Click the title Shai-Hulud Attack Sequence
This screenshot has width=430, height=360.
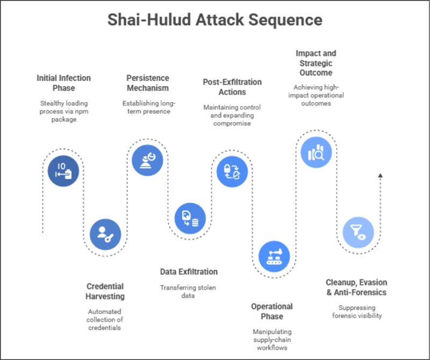(x=215, y=20)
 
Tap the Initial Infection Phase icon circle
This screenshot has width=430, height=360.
(x=63, y=171)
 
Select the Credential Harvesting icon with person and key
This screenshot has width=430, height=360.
(x=105, y=235)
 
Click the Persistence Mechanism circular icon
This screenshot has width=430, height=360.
(x=148, y=159)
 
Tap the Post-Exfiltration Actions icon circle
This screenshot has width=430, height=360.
(x=232, y=171)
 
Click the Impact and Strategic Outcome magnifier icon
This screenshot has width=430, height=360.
(x=316, y=153)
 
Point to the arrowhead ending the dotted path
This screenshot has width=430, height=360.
(x=380, y=175)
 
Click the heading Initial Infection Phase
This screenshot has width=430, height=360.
(x=63, y=83)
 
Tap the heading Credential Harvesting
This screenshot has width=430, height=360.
(x=105, y=291)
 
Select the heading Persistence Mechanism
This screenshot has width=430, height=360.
(x=148, y=82)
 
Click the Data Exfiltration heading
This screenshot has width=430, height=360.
(x=189, y=272)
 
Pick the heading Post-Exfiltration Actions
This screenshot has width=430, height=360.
(x=232, y=87)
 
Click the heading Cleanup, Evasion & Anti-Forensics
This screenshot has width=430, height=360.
(x=356, y=287)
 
